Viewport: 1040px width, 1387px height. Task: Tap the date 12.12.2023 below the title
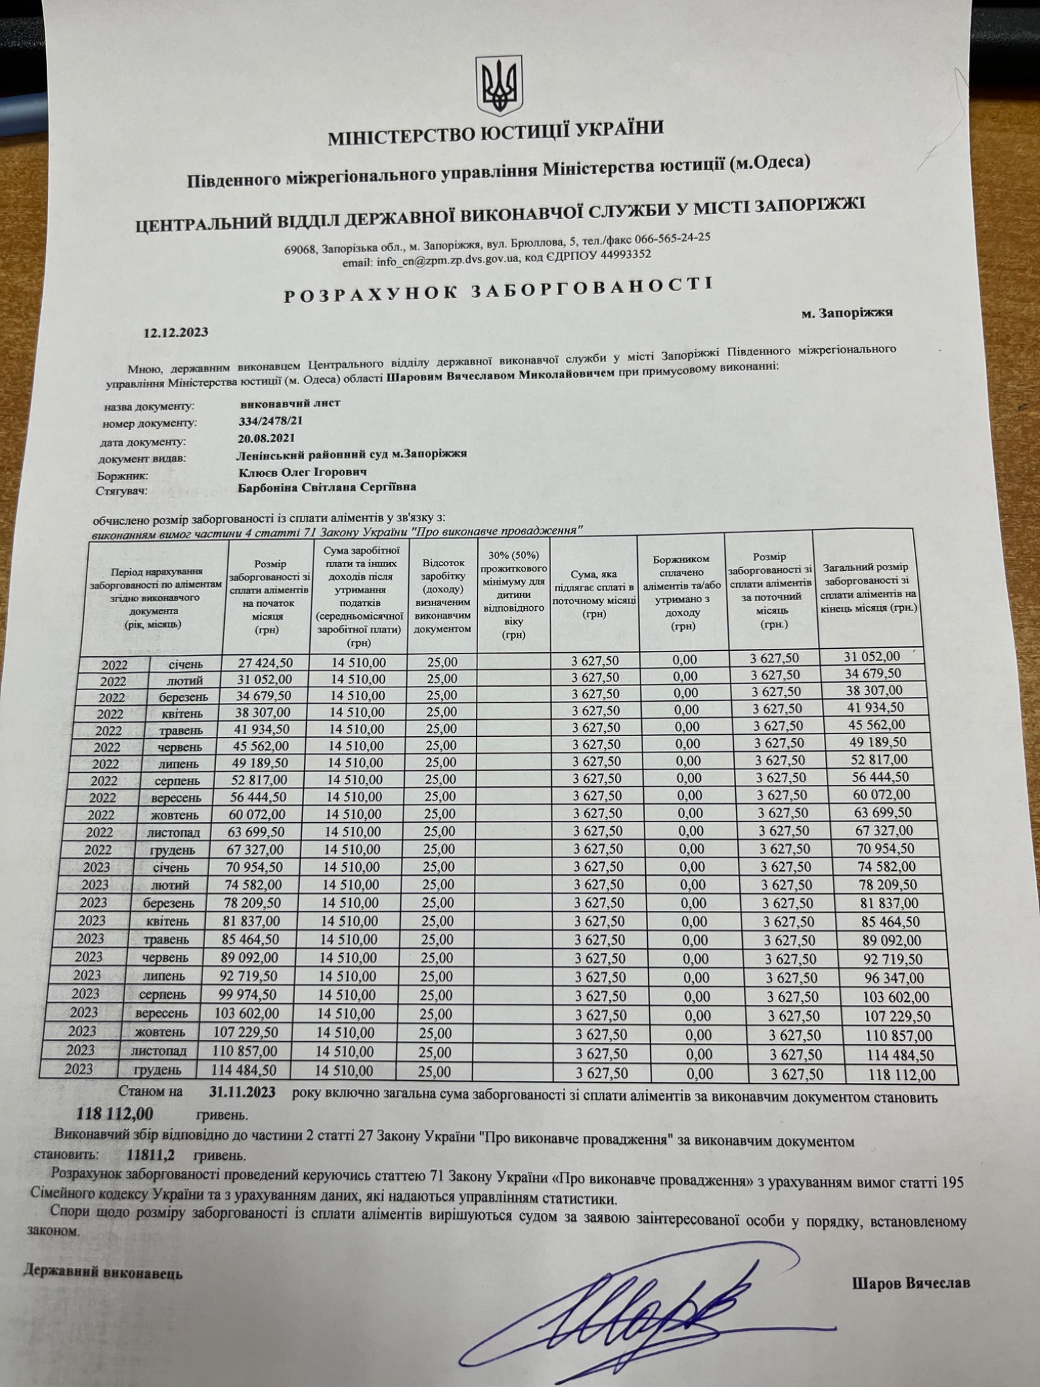click(175, 333)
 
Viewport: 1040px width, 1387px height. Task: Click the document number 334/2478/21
click(266, 421)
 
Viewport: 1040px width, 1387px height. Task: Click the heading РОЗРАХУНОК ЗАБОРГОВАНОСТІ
click(498, 290)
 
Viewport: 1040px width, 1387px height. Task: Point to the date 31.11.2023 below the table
click(240, 1092)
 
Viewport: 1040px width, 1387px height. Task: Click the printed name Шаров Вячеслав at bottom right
click(911, 1283)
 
